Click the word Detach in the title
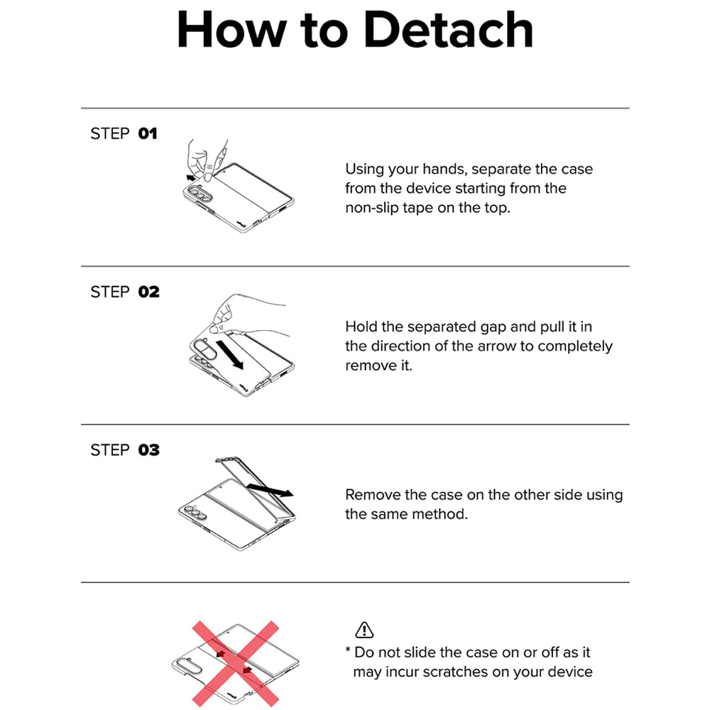click(448, 30)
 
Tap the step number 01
click(148, 133)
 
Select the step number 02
click(149, 292)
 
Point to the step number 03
click(149, 450)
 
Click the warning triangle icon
click(364, 630)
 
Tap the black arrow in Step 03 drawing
click(271, 490)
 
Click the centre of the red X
click(236, 663)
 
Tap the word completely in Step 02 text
click(575, 347)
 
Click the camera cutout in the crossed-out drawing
click(187, 666)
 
